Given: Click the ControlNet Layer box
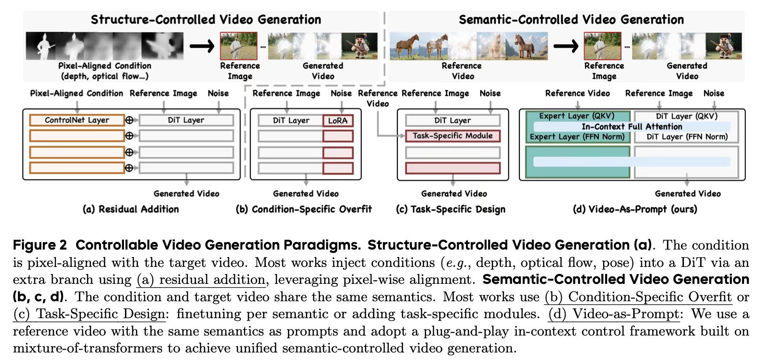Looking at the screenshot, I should pos(77,120).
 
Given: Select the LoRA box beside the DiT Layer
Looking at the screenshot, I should pos(338,121).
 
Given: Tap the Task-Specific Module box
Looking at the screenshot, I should pos(453,136).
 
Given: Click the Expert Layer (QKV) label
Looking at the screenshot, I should pos(576,116).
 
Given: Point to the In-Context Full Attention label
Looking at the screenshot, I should pos(632,126).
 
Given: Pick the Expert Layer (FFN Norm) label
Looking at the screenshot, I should pos(577,137).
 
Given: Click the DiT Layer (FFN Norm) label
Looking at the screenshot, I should pos(687,137).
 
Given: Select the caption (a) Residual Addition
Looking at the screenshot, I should pos(131,209).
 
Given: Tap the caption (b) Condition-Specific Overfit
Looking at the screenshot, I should pos(303,209).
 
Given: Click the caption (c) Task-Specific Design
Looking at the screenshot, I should pos(451,209).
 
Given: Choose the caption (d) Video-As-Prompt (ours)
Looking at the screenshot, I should pos(635,209).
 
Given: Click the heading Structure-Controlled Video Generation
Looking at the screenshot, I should pos(206,20).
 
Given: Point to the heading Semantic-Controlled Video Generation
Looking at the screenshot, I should pos(571,20).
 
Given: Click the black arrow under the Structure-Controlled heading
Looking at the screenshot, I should pos(202,46).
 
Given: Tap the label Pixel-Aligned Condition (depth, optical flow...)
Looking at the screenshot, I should pos(104,70).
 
